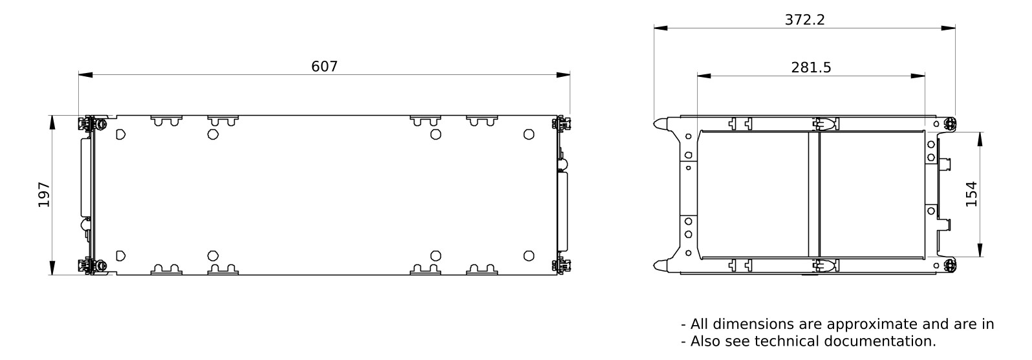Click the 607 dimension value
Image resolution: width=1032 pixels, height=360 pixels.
coord(325,67)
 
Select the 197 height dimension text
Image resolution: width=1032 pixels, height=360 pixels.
coord(44,195)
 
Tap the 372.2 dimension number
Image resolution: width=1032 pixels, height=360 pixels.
coord(804,20)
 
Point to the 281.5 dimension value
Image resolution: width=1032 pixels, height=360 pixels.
coord(811,68)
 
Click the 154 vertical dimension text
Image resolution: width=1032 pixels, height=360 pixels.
coord(971,194)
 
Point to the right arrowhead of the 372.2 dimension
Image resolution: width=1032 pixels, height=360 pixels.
coord(949,28)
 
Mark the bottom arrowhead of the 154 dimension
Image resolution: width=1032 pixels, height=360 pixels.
coord(980,250)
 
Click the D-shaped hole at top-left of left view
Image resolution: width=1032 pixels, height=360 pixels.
coord(120,134)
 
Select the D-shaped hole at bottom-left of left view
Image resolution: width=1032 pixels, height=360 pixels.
coord(120,255)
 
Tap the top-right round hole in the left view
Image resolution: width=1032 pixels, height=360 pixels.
coord(529,134)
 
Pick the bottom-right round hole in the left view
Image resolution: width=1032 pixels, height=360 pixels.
coord(529,255)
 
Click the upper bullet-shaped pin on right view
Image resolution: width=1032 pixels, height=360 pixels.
coord(660,123)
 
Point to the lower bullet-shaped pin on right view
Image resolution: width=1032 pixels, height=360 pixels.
coord(660,264)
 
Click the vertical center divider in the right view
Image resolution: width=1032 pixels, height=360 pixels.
coord(813,194)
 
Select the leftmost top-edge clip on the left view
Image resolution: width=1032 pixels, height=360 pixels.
coord(166,120)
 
